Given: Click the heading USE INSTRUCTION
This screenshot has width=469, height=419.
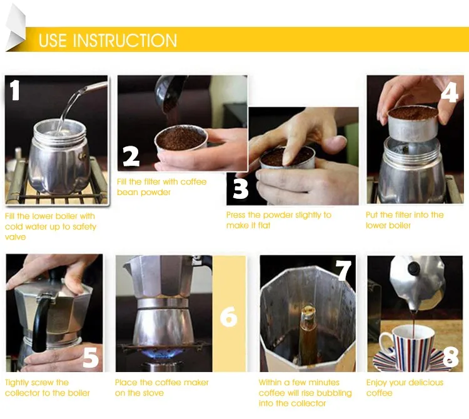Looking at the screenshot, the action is [x=108, y=41].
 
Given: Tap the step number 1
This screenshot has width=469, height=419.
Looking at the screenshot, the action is [x=15, y=89].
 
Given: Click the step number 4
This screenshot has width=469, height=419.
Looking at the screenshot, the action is [x=450, y=91].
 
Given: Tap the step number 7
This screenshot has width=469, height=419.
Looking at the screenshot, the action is [x=345, y=270].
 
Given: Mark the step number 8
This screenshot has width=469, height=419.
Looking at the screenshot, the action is [x=450, y=357].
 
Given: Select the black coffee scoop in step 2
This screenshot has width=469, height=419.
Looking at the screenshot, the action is [x=168, y=93].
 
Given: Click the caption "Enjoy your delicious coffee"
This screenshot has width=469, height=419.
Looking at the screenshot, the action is [x=405, y=388].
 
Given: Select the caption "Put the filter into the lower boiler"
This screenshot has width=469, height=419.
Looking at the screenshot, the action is [x=405, y=220].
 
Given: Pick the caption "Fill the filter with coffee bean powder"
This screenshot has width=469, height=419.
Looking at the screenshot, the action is [x=161, y=187].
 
